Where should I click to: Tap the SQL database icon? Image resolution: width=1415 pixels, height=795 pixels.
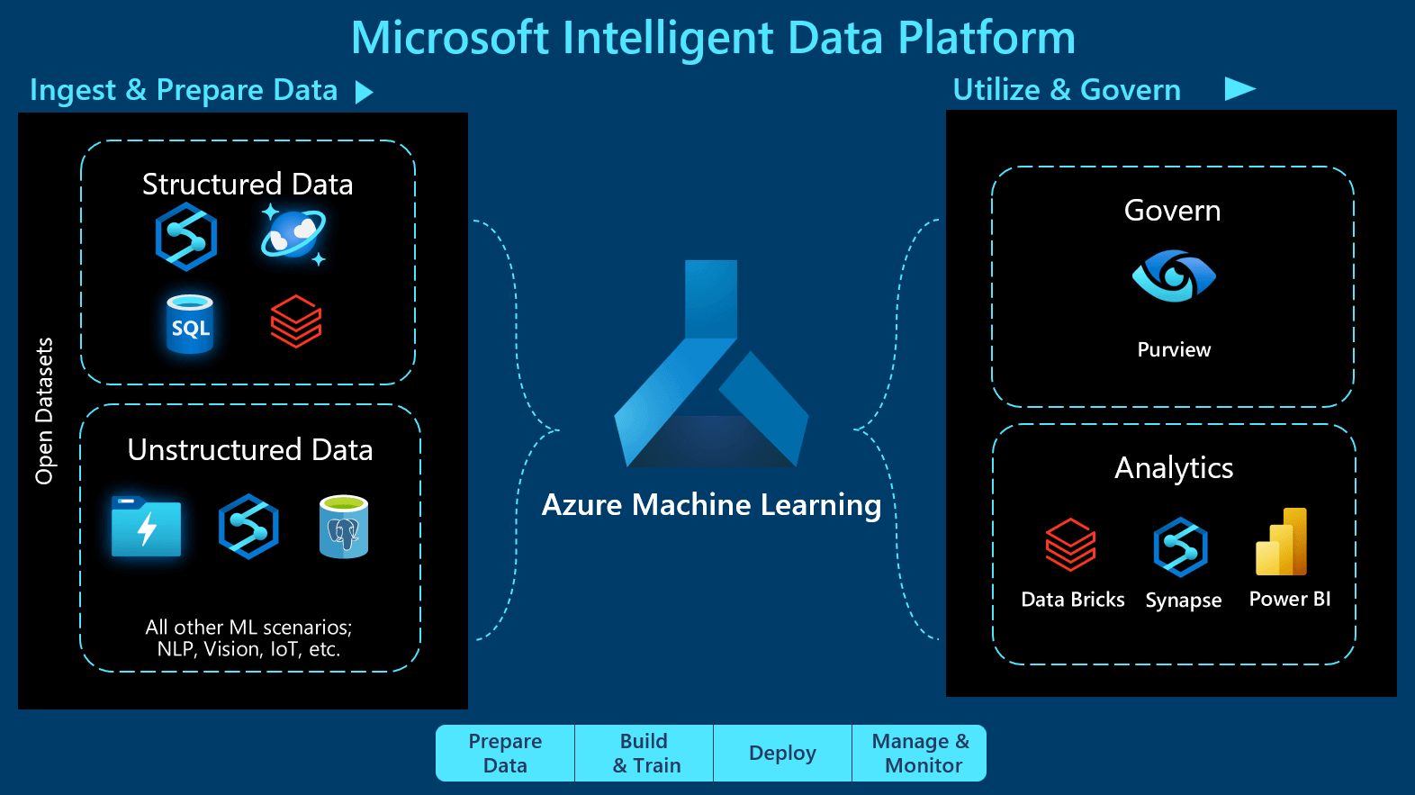point(190,324)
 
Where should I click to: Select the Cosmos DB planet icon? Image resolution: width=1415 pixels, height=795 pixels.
point(293,235)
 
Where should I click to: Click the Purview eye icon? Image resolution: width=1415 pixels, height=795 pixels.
point(1174,276)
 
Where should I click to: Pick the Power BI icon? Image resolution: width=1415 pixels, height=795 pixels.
point(1282,542)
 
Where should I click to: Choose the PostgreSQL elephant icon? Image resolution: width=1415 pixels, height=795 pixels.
point(344,527)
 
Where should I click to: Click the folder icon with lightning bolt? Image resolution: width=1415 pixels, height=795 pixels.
point(146,527)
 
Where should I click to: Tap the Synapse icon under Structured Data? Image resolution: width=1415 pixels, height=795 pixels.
point(186,237)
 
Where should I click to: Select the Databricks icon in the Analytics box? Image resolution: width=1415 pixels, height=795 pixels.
point(1070,545)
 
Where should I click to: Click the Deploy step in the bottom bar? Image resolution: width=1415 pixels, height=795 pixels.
point(782,753)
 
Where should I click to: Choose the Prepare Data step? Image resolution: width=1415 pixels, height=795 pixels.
point(505,753)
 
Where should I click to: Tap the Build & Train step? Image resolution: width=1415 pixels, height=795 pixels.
point(644,753)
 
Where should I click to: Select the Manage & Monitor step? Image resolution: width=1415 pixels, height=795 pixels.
point(920,753)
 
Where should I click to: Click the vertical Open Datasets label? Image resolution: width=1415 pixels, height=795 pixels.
point(44,411)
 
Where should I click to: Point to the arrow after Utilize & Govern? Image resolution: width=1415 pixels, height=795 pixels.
point(1239,88)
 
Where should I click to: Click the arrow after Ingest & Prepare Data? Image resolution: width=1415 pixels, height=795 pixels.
point(364,92)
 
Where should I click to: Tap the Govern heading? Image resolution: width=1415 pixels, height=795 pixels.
point(1172,211)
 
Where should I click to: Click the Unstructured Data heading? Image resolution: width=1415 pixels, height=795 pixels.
point(250,449)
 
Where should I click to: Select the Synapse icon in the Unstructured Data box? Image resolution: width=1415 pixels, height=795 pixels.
point(248,527)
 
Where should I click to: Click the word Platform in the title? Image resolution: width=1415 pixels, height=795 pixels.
point(987,38)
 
